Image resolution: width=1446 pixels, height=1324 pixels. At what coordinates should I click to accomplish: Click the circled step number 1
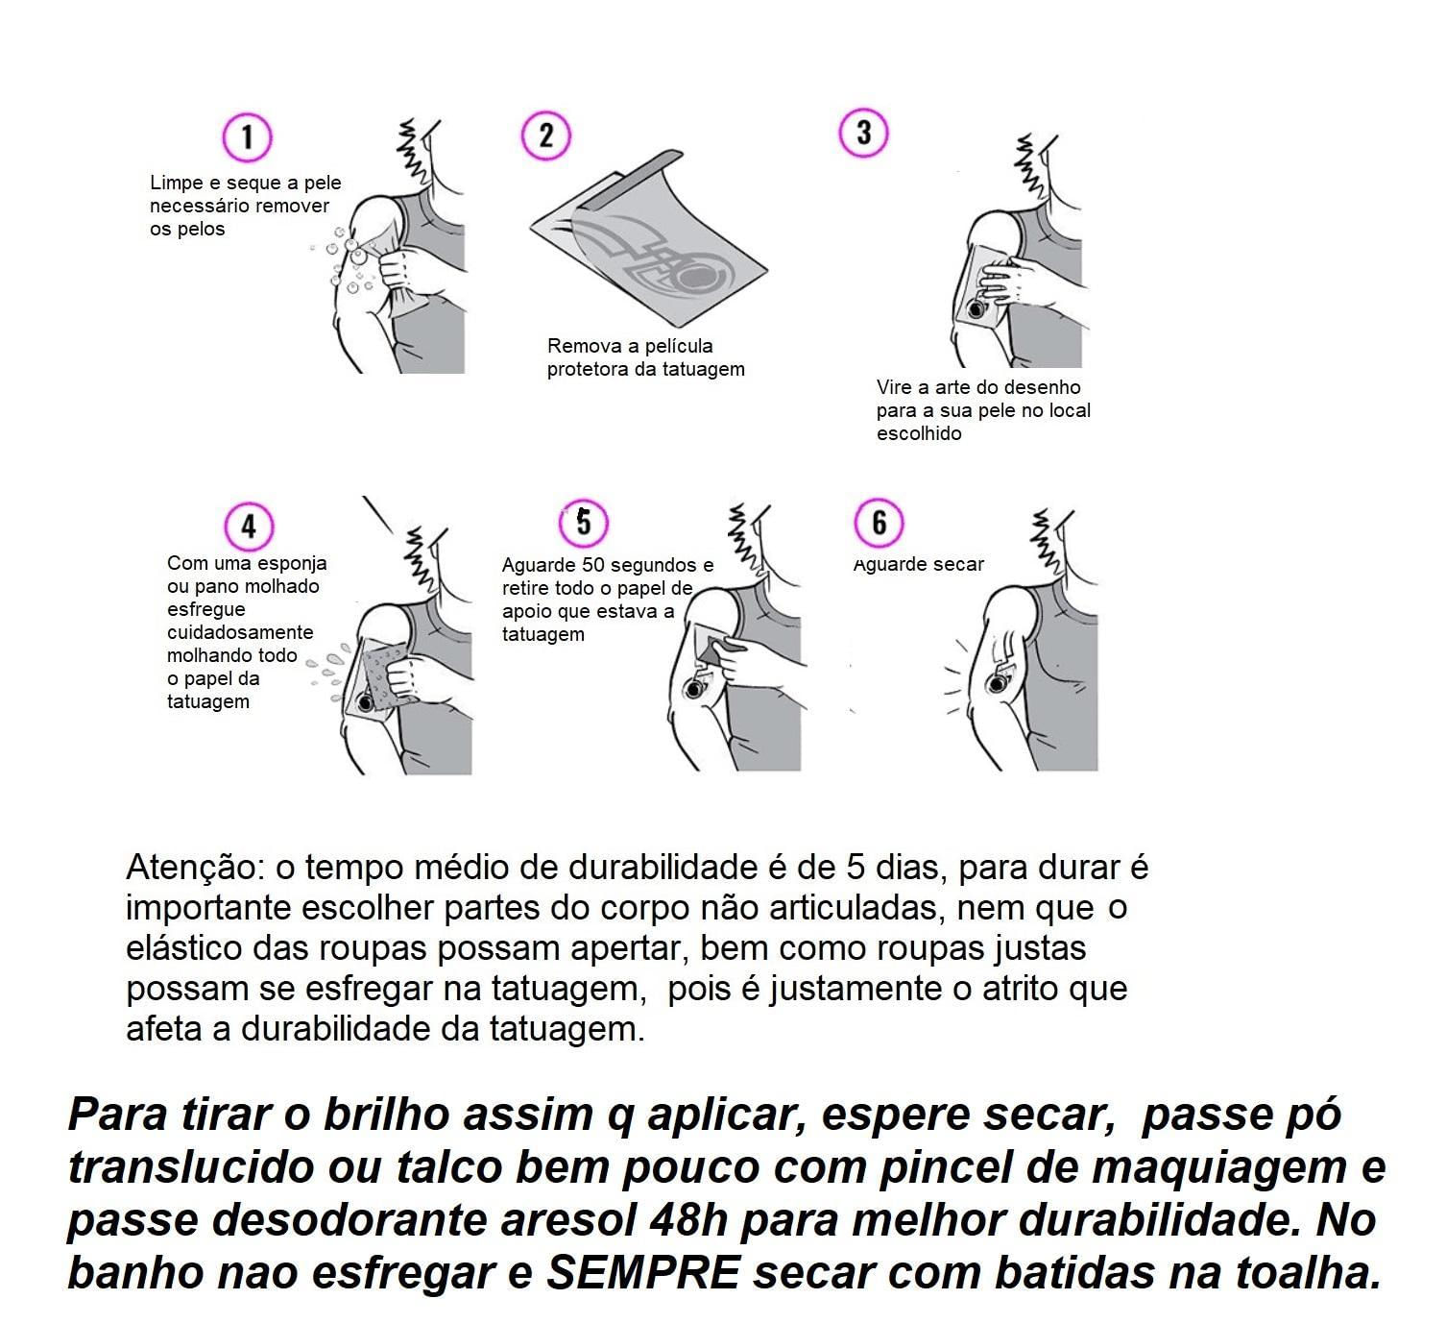247,137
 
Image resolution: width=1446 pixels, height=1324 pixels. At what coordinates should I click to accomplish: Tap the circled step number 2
545,135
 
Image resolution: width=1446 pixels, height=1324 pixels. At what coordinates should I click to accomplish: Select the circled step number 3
863,133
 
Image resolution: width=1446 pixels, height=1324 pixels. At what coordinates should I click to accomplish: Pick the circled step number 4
249,527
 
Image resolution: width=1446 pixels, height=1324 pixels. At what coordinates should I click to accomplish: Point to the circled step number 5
584,523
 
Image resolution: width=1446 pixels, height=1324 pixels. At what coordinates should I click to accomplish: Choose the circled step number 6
879,523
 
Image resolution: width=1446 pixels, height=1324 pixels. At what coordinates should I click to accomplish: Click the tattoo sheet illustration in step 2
648,236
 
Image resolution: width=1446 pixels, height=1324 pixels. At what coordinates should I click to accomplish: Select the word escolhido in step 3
918,433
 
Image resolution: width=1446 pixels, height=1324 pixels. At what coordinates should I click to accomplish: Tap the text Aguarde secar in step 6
918,565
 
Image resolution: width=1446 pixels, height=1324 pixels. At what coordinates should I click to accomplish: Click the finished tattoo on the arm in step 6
999,680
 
